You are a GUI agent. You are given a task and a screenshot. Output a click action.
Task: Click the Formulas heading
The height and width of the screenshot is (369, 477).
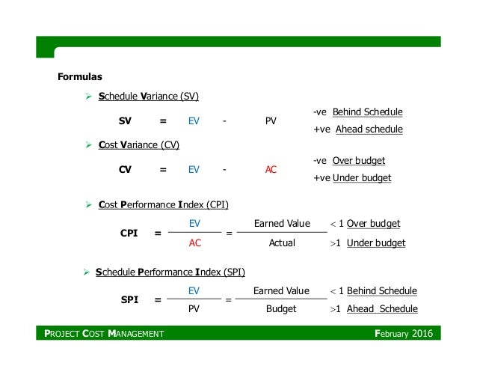(x=80, y=76)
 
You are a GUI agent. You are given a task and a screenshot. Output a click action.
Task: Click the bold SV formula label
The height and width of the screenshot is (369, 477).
(x=126, y=121)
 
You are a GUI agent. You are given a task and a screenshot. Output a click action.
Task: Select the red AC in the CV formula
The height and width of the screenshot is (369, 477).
(x=271, y=169)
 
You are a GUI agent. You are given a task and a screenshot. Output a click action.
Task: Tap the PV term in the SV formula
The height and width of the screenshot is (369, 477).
(x=271, y=121)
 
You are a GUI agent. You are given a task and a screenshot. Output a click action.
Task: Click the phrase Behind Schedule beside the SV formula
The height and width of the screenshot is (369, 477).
(x=367, y=112)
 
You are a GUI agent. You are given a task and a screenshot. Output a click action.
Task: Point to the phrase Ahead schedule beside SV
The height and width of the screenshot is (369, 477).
(x=369, y=129)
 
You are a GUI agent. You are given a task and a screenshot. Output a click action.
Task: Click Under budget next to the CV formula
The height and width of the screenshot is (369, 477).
(x=362, y=178)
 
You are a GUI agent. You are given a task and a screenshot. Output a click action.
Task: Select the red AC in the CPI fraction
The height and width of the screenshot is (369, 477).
(x=195, y=243)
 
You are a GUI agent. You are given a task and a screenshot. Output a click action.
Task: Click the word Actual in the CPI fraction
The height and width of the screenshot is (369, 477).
(x=282, y=243)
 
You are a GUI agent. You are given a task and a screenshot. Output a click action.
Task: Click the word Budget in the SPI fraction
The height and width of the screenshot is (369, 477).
(x=281, y=308)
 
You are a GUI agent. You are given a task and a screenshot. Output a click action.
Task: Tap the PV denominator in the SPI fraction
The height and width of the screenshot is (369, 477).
(x=194, y=308)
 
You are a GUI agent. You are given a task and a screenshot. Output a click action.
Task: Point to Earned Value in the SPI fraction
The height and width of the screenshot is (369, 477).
(x=281, y=290)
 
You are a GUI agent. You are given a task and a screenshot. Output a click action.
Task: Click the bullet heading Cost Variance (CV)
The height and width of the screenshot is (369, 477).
(x=138, y=144)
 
